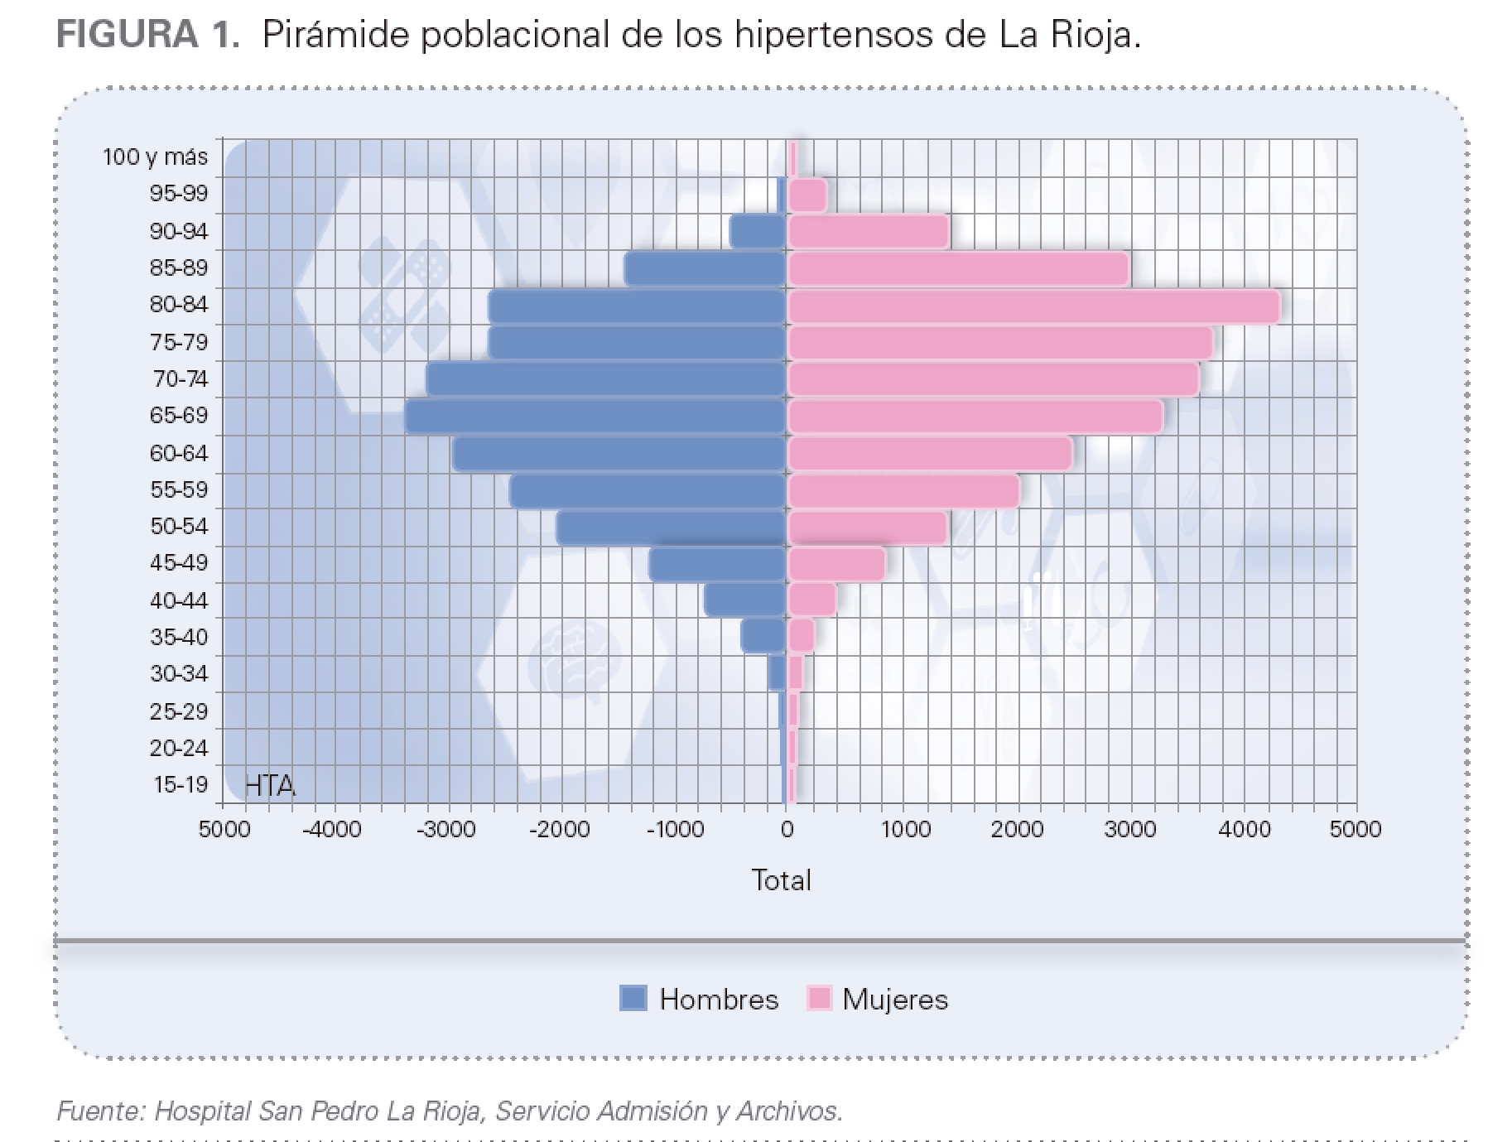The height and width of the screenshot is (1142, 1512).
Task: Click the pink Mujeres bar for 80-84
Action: click(x=1033, y=306)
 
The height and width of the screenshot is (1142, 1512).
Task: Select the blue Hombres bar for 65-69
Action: click(x=595, y=417)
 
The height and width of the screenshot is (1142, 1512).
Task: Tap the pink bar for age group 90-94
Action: click(x=868, y=232)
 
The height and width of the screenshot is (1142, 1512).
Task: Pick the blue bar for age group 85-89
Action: click(x=705, y=269)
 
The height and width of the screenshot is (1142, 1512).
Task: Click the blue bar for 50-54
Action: click(x=671, y=528)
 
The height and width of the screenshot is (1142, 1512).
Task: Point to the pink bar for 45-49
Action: click(x=836, y=564)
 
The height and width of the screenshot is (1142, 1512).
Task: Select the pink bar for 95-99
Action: click(x=807, y=195)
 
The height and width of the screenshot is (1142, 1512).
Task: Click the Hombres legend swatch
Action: click(x=633, y=998)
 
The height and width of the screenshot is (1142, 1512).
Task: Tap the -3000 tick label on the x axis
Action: click(x=445, y=829)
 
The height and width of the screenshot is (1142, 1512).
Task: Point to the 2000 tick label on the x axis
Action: click(x=1017, y=829)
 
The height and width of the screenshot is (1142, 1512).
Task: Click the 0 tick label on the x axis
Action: click(x=787, y=829)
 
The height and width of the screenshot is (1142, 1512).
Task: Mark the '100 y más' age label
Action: click(x=155, y=157)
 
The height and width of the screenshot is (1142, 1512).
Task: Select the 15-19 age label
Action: click(x=180, y=784)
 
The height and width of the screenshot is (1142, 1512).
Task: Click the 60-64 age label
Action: click(x=179, y=453)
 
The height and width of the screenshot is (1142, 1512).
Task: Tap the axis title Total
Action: click(x=781, y=879)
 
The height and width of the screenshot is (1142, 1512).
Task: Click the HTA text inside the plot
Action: click(x=270, y=785)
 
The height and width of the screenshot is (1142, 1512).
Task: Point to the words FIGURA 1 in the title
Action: click(x=148, y=35)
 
